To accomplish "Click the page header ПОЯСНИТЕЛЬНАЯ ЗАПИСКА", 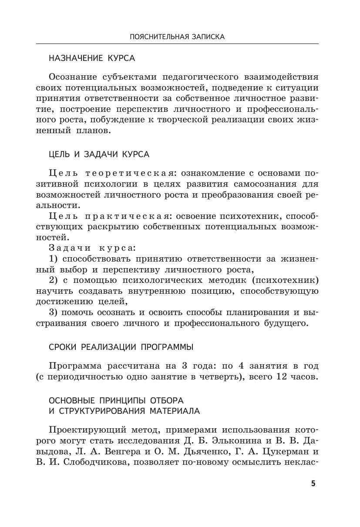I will (x=177, y=37).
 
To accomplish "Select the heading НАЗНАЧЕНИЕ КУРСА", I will (x=92, y=58).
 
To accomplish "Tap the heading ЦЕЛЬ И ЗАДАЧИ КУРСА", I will (x=99, y=154).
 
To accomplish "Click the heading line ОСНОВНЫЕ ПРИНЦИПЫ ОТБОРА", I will (x=116, y=400).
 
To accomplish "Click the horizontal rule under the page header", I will (x=177, y=44).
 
